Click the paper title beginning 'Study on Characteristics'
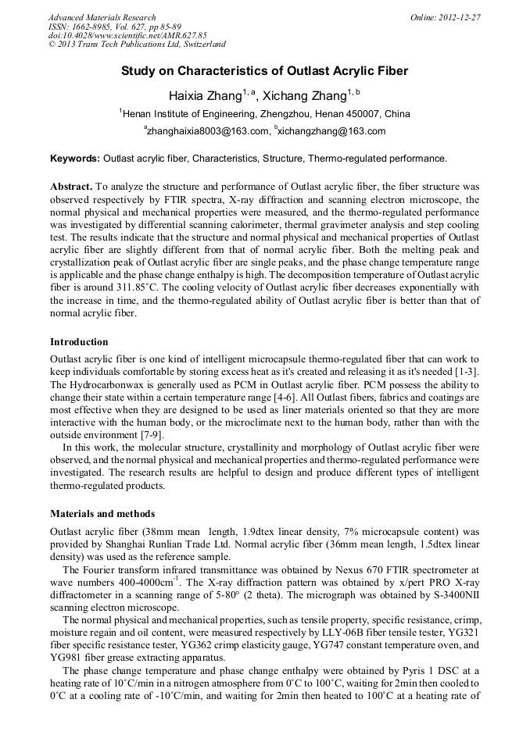(264, 71)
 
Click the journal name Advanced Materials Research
(102, 17)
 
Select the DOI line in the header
(127, 35)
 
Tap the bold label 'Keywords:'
(75, 159)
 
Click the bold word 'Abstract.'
(71, 187)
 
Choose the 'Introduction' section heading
(79, 342)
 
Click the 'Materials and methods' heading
(102, 514)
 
